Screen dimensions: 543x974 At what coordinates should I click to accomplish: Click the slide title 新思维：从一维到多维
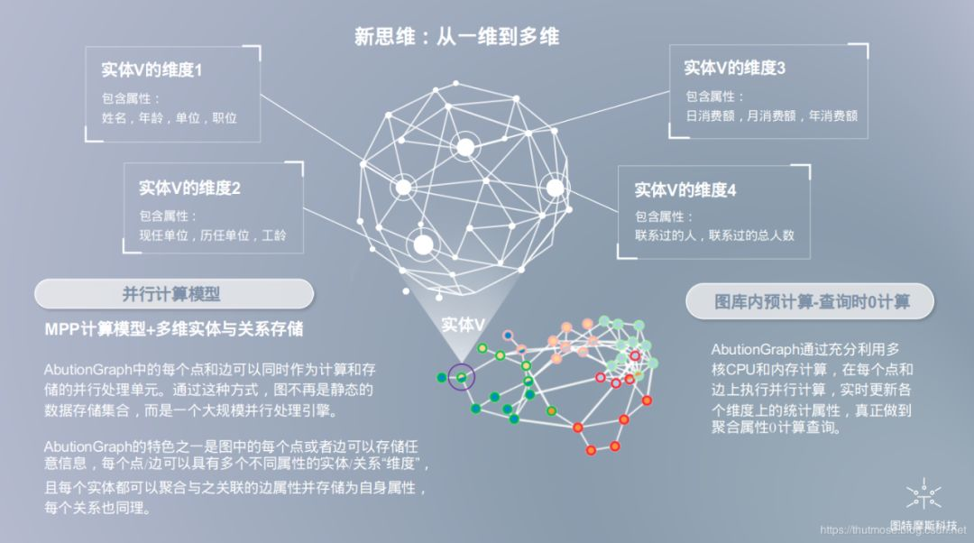pyautogui.click(x=456, y=37)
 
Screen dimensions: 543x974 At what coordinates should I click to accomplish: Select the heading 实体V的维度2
pyautogui.click(x=189, y=189)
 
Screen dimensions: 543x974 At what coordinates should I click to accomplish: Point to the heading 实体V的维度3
pyautogui.click(x=735, y=68)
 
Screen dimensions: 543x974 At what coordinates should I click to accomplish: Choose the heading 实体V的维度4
pyautogui.click(x=685, y=190)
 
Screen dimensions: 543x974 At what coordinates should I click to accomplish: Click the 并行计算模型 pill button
pyautogui.click(x=172, y=294)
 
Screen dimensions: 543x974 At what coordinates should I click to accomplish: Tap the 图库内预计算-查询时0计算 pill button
pyautogui.click(x=812, y=302)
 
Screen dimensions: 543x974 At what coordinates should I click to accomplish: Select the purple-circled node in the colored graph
pyautogui.click(x=461, y=377)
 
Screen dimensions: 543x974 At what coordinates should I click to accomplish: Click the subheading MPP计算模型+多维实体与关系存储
pyautogui.click(x=173, y=329)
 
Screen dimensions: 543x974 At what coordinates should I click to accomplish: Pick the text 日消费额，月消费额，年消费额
pyautogui.click(x=771, y=116)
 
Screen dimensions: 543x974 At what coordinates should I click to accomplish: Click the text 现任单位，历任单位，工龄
pyautogui.click(x=213, y=235)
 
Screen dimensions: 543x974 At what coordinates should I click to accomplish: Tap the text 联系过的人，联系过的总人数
pyautogui.click(x=714, y=236)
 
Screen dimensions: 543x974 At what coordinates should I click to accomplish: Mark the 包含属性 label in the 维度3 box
pyautogui.click(x=714, y=97)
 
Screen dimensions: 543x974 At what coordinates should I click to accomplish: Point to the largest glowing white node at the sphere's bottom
pyautogui.click(x=423, y=242)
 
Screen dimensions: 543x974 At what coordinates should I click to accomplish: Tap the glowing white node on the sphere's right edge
pyautogui.click(x=555, y=188)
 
